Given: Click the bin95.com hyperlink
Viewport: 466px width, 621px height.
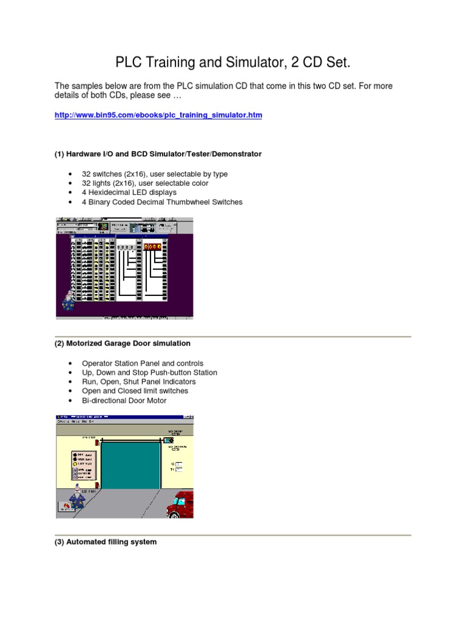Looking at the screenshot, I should tap(158, 115).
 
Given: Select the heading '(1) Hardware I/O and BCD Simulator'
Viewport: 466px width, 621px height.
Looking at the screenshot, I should tap(158, 154).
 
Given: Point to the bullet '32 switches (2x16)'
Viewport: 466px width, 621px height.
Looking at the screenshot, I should tap(155, 174).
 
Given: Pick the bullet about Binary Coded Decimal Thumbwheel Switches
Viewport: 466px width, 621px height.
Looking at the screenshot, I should tap(162, 202).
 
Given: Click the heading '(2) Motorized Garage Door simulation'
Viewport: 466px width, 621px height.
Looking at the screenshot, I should tap(123, 343).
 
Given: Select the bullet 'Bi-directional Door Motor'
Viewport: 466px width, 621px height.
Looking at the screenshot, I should tap(124, 400).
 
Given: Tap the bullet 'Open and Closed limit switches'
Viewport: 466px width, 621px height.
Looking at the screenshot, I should tap(135, 391).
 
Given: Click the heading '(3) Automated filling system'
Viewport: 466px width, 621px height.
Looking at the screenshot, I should tap(106, 542).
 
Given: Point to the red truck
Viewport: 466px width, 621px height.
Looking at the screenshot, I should tap(181, 505).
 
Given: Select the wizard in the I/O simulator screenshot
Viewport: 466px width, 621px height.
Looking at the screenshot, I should tap(68, 300).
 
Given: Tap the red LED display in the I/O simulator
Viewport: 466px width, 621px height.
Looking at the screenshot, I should tap(152, 247).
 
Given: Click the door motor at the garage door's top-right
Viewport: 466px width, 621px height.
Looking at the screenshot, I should tap(168, 440).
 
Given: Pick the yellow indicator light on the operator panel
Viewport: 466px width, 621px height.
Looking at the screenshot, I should tap(75, 463).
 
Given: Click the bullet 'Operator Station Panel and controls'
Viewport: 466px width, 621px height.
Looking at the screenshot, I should tap(143, 363).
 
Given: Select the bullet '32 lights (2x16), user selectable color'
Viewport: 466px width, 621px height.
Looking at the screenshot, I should tap(154, 183).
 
